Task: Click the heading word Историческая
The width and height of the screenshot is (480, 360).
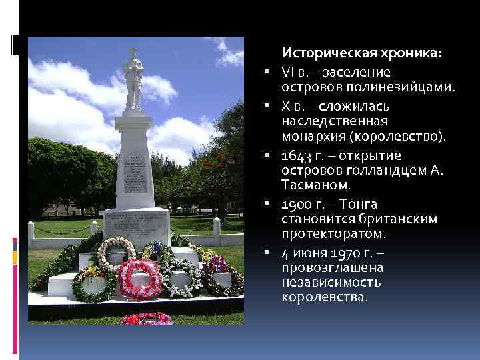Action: tap(323, 53)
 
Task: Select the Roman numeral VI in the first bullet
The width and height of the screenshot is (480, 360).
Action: tap(287, 71)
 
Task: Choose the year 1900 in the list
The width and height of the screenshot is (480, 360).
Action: tap(297, 204)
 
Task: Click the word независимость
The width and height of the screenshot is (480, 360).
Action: tap(331, 282)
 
